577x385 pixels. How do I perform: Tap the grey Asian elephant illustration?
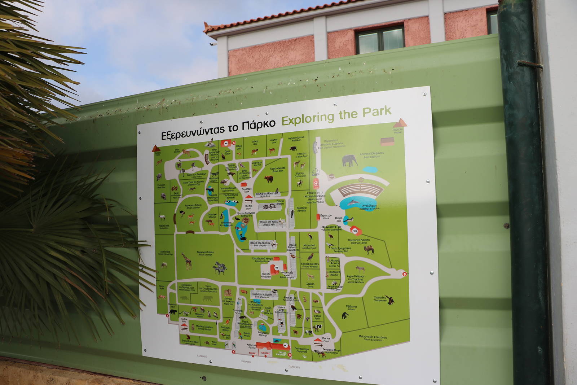[x=349, y=160]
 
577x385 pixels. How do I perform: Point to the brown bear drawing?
[x=269, y=179]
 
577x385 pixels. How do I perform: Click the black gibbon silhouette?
[x=345, y=315]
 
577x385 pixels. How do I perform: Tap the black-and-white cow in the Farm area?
[x=317, y=328]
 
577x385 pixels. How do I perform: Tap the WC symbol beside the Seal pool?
[x=355, y=231]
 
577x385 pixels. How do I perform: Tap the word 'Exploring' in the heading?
[x=308, y=118]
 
